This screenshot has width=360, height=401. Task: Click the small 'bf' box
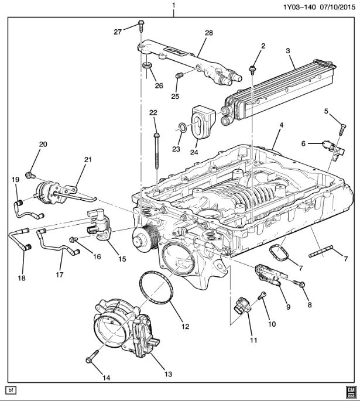[10, 390]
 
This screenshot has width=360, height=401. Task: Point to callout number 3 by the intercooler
[288, 52]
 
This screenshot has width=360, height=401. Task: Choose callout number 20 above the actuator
[43, 144]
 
